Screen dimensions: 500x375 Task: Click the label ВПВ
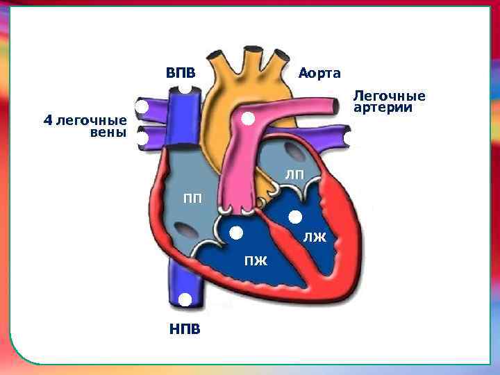[x=180, y=73]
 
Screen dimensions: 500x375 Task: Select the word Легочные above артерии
[x=389, y=95]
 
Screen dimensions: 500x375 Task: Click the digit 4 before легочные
[x=47, y=120]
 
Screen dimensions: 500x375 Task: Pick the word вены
[x=108, y=133]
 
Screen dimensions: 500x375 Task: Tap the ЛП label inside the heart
[x=294, y=174]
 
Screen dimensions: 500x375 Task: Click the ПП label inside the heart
[x=192, y=199]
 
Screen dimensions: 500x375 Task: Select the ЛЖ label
[x=314, y=240]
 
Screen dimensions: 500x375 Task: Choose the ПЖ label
[x=254, y=260]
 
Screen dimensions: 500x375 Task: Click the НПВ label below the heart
[x=185, y=328]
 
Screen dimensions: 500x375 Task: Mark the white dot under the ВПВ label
[x=185, y=88]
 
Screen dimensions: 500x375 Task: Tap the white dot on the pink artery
[x=247, y=119]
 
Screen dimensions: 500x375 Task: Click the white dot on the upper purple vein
[x=142, y=108]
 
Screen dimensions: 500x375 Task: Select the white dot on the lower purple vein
[x=142, y=138]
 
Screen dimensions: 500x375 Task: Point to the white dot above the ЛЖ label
[x=294, y=216]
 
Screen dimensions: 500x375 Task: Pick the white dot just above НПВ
[x=185, y=300]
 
